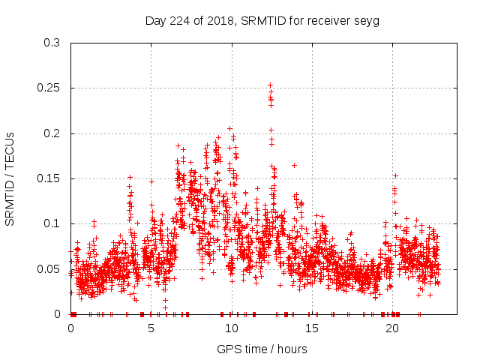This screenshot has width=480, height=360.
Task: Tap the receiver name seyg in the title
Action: (365, 21)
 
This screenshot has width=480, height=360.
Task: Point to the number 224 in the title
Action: (178, 21)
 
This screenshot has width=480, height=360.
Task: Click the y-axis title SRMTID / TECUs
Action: (10, 178)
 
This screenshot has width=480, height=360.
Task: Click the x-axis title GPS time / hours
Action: (262, 349)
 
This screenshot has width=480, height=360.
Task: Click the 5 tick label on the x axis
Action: (151, 328)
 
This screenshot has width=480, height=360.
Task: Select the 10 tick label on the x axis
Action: (231, 328)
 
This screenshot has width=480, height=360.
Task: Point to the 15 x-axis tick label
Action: (311, 328)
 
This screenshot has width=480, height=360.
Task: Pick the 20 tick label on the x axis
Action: (391, 328)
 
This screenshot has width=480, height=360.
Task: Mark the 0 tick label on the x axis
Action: (71, 328)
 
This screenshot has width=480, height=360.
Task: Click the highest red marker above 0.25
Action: (270, 85)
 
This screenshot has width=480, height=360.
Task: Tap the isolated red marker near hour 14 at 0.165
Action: (294, 165)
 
